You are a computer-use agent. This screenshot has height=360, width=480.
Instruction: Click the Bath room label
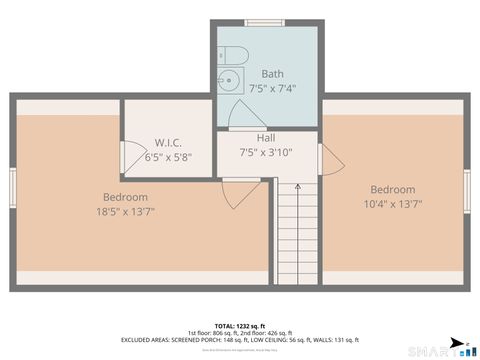(x=272, y=74)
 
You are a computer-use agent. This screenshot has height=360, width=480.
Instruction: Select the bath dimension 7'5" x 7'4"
(x=272, y=87)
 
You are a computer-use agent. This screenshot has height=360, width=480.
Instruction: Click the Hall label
(x=266, y=138)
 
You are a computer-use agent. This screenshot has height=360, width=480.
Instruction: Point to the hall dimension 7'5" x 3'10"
(x=265, y=152)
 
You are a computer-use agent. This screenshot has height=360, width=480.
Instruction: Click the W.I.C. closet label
(x=167, y=143)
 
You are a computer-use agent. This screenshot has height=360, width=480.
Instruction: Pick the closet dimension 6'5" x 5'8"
(x=167, y=157)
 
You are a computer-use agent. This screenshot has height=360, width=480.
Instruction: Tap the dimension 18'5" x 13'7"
(x=125, y=212)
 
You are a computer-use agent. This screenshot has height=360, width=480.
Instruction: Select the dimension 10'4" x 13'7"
(x=392, y=204)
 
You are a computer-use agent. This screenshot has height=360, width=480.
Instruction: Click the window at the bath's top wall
(x=265, y=22)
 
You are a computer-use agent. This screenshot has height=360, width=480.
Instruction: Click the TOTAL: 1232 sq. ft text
(x=237, y=326)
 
